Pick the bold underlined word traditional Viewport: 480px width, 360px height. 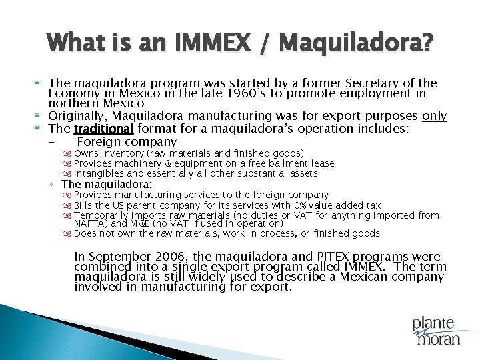point(103,128)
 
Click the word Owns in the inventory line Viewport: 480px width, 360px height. point(85,154)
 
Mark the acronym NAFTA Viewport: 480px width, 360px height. point(88,224)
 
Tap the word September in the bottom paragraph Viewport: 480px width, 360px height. point(119,257)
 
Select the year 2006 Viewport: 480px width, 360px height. point(171,257)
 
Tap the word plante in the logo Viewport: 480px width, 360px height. point(433,324)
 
